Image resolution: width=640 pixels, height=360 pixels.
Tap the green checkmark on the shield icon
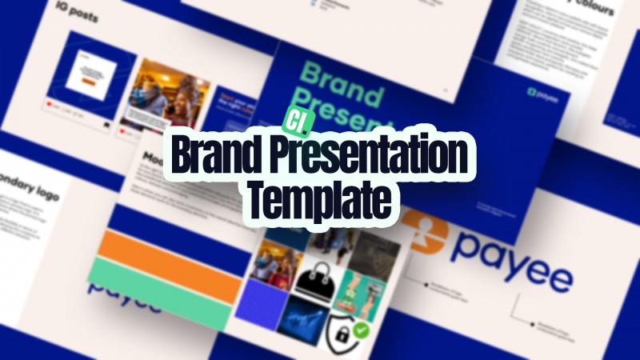point(362,329)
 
